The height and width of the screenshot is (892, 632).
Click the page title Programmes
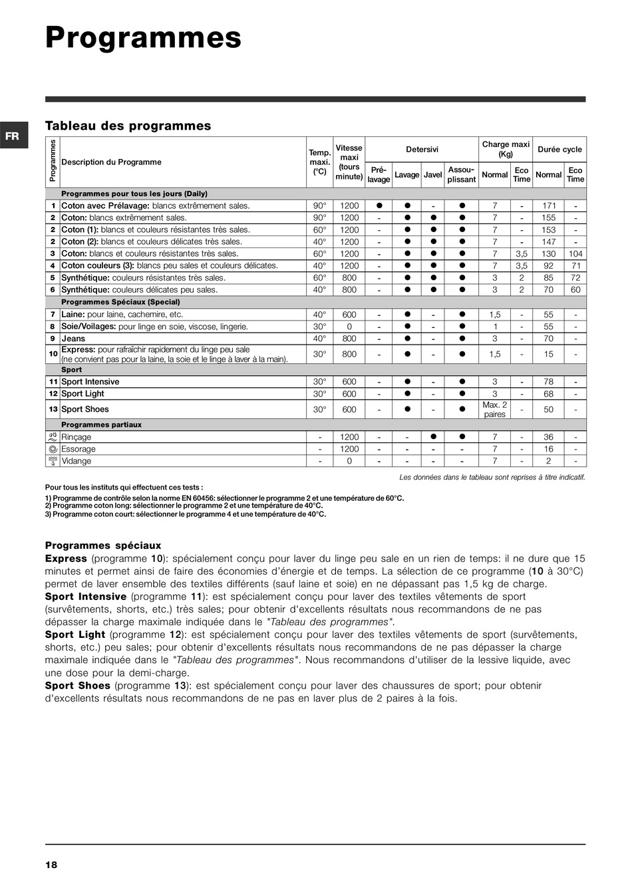[143, 38]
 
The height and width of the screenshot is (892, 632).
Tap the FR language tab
[13, 136]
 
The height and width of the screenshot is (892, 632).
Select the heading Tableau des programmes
[128, 126]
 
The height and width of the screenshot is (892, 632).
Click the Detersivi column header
[422, 150]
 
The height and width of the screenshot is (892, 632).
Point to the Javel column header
[433, 175]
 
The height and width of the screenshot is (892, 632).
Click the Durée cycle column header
[559, 150]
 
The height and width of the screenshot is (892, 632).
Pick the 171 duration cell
[549, 206]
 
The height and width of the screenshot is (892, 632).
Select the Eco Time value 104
[575, 254]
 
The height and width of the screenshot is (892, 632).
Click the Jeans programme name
[73, 339]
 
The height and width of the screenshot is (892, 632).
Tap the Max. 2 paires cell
[495, 410]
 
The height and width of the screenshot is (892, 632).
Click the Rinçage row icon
[53, 437]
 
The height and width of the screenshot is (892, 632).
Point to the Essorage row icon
[53, 449]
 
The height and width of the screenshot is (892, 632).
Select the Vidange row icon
[53, 461]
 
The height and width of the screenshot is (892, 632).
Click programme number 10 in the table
[53, 354]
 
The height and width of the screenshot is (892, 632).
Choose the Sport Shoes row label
[84, 410]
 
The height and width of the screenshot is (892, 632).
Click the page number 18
[51, 865]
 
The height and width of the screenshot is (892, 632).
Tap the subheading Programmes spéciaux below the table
[103, 545]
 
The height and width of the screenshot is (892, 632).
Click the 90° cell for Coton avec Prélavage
[320, 206]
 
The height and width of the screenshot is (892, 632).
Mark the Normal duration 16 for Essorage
[549, 449]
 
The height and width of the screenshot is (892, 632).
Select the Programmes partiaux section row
[101, 424]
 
